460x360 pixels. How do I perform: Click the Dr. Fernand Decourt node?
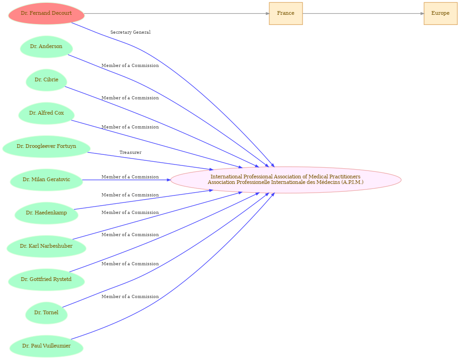pyautogui.click(x=46, y=13)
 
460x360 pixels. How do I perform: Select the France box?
pyautogui.click(x=286, y=13)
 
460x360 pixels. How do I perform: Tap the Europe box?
pyautogui.click(x=440, y=13)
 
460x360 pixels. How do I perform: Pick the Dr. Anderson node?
pyautogui.click(x=46, y=47)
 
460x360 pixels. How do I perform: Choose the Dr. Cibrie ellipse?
pyautogui.click(x=46, y=80)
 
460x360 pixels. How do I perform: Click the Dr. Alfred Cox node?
pyautogui.click(x=46, y=113)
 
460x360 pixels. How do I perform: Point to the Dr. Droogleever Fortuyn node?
pyautogui.click(x=46, y=146)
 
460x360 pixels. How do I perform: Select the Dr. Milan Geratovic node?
pyautogui.click(x=46, y=180)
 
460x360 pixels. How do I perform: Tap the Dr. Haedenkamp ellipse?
pyautogui.click(x=46, y=213)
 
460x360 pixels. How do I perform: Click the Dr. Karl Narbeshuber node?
pyautogui.click(x=46, y=246)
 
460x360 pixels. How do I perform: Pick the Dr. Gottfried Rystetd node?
pyautogui.click(x=46, y=280)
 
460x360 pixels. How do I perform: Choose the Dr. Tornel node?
pyautogui.click(x=46, y=313)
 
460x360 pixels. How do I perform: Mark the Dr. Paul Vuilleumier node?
pyautogui.click(x=46, y=346)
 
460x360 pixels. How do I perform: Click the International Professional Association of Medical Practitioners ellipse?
pyautogui.click(x=286, y=180)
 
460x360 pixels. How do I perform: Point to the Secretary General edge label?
pyautogui.click(x=131, y=32)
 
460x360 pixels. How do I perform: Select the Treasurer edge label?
pyautogui.click(x=131, y=153)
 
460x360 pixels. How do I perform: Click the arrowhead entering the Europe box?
pyautogui.click(x=422, y=13)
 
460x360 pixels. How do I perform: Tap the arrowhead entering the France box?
pyautogui.click(x=267, y=13)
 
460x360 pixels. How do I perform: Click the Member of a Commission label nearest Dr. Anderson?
pyautogui.click(x=130, y=66)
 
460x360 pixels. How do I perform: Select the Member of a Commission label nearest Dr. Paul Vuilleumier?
pyautogui.click(x=130, y=297)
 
